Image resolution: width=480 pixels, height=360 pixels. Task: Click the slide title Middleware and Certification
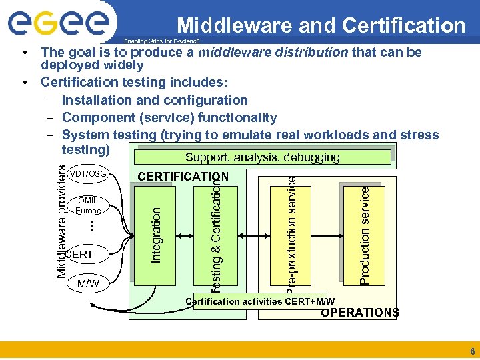click(x=321, y=25)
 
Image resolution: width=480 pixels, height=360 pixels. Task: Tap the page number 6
click(x=472, y=351)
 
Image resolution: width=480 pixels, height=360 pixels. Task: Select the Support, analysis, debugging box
click(x=262, y=157)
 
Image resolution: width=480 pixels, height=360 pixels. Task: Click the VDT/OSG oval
click(x=87, y=174)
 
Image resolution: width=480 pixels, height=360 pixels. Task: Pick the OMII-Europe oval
click(x=88, y=205)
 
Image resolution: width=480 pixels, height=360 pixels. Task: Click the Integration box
click(x=155, y=234)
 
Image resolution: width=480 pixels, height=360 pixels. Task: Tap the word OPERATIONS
click(x=360, y=313)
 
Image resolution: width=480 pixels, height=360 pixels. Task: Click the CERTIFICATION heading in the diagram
click(x=183, y=177)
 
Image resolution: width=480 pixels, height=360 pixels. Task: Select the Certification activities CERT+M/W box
click(x=260, y=301)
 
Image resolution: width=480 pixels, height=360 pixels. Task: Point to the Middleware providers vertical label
click(x=60, y=221)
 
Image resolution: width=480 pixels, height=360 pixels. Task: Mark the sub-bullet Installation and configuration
click(x=154, y=100)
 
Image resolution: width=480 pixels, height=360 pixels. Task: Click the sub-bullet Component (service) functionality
click(x=169, y=117)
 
